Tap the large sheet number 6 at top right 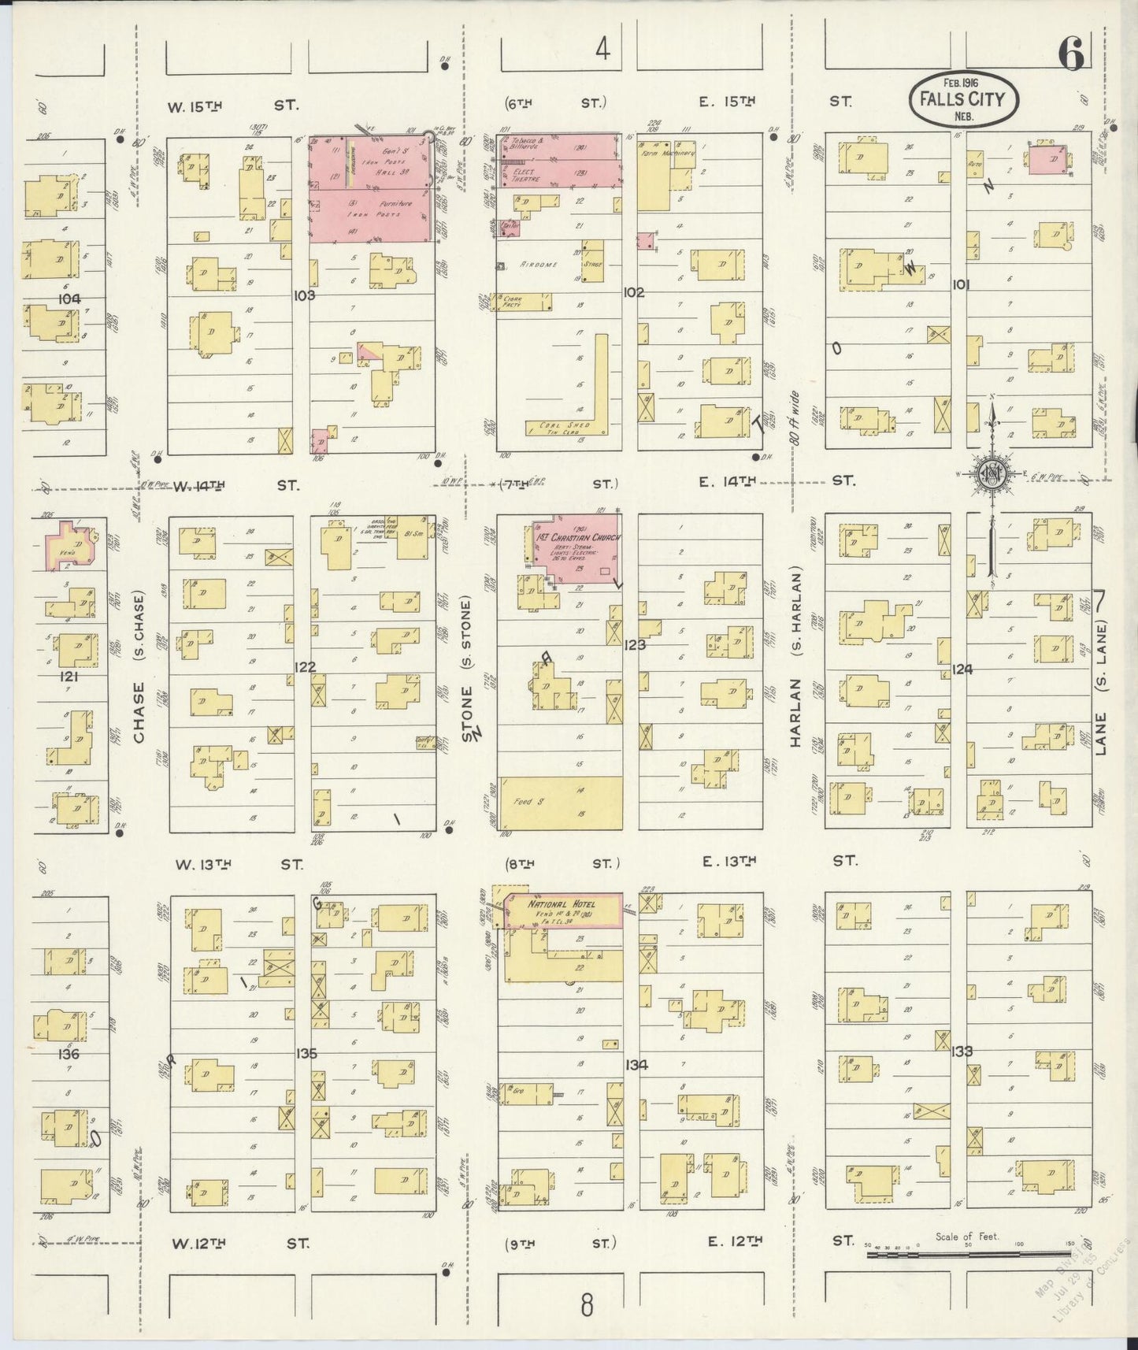(1072, 54)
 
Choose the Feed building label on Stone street (522, 802)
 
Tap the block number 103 (304, 295)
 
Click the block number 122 (305, 667)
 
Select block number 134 (636, 1065)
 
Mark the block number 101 (960, 284)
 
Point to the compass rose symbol (990, 475)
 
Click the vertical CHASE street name (139, 712)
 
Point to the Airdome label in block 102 (539, 265)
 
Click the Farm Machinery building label (670, 154)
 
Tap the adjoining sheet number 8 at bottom (586, 1305)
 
